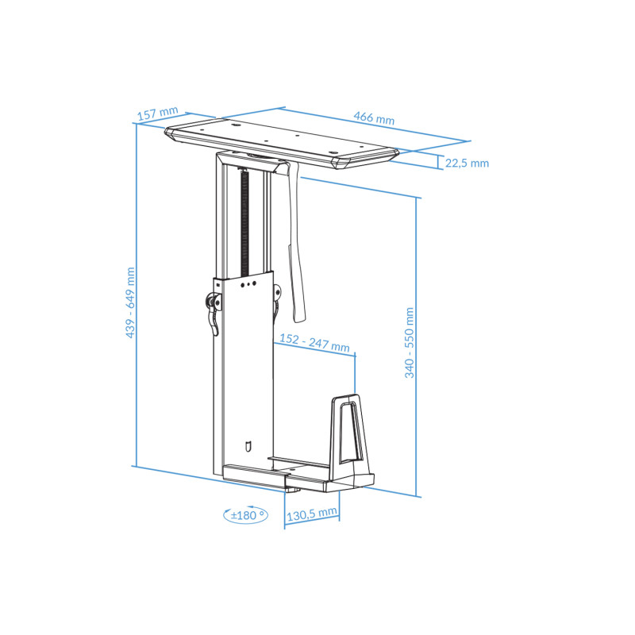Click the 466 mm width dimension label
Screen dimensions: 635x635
pyautogui.click(x=374, y=119)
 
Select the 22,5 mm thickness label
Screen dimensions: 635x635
pyautogui.click(x=466, y=164)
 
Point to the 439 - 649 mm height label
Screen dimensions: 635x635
pyautogui.click(x=130, y=302)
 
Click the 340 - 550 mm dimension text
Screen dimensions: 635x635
pyautogui.click(x=410, y=342)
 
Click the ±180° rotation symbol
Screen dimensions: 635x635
pyautogui.click(x=245, y=515)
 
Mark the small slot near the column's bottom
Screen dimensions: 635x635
pyautogui.click(x=249, y=446)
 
